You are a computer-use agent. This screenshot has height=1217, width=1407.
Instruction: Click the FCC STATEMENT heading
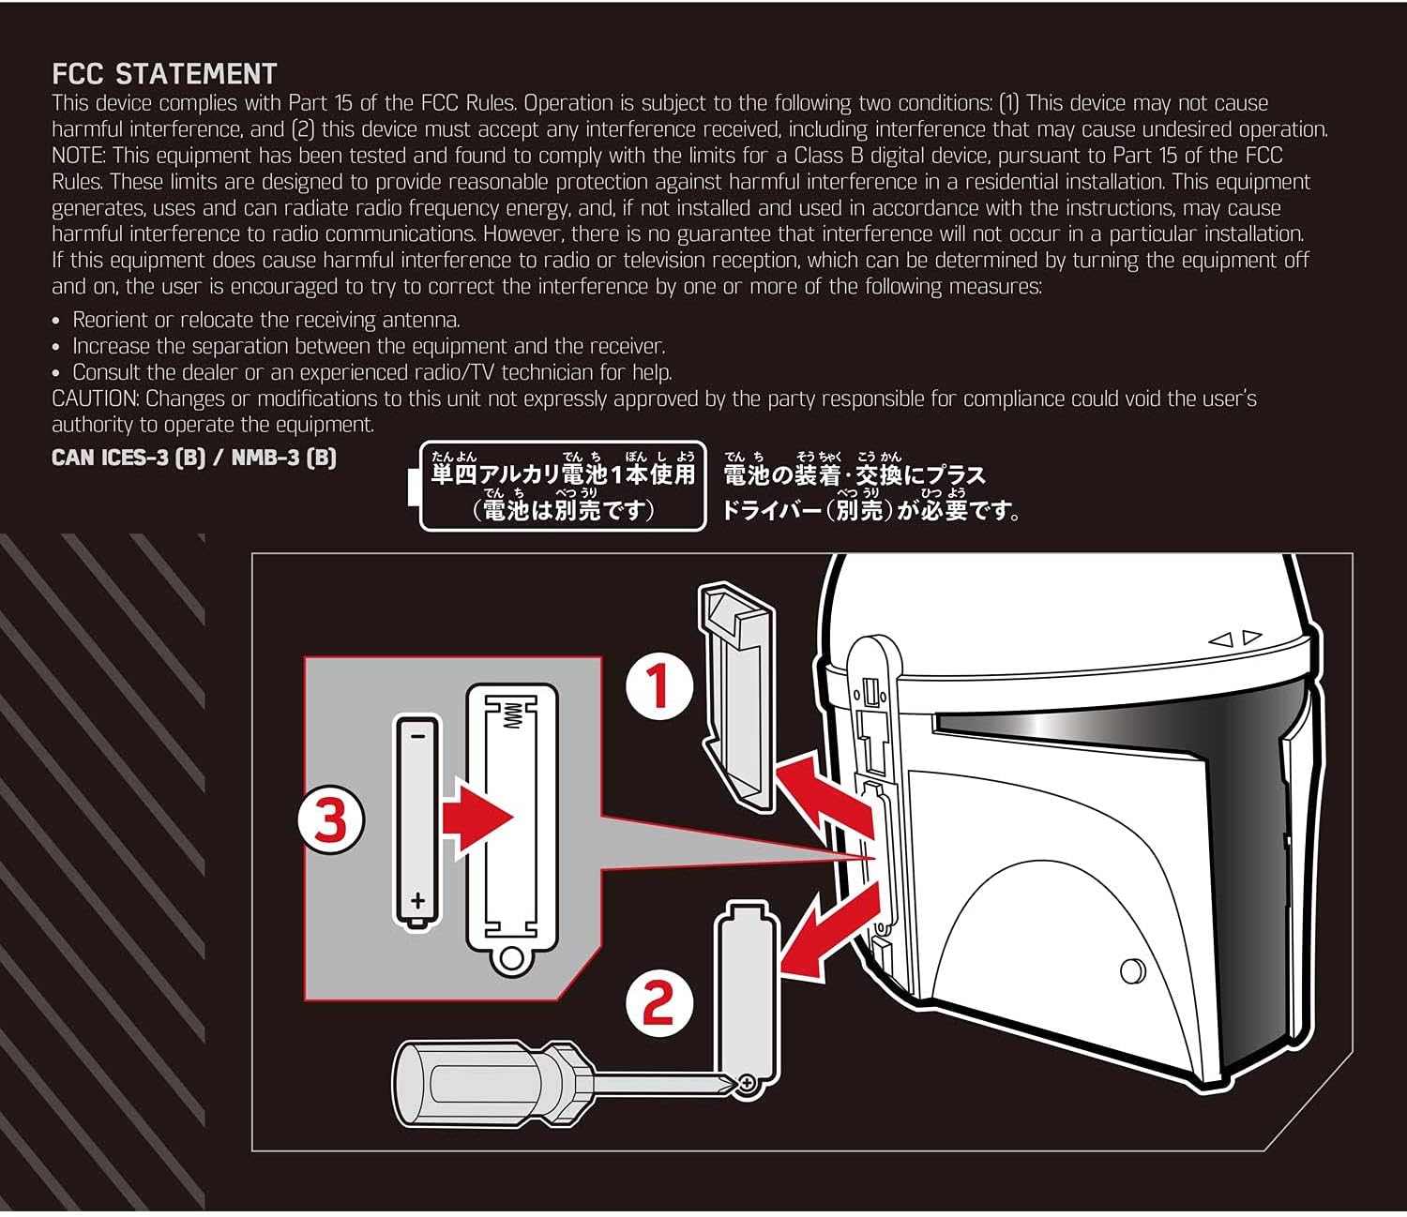point(164,74)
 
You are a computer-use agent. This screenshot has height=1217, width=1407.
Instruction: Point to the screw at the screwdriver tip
point(747,1084)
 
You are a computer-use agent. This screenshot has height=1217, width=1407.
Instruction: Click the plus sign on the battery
point(417,901)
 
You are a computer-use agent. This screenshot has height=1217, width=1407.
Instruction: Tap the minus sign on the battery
point(417,736)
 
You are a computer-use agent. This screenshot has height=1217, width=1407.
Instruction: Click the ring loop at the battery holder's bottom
point(511,957)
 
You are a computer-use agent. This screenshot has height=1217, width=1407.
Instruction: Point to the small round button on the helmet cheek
point(1132,970)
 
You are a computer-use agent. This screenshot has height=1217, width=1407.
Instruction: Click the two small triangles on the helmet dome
point(1235,639)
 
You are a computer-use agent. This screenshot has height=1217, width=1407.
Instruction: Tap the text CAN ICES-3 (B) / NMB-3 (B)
point(193,458)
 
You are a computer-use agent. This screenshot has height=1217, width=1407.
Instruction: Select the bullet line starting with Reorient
point(265,320)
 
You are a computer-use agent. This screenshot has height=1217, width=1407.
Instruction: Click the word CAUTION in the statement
point(95,398)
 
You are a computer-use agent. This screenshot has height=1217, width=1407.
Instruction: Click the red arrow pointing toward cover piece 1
point(818,789)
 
